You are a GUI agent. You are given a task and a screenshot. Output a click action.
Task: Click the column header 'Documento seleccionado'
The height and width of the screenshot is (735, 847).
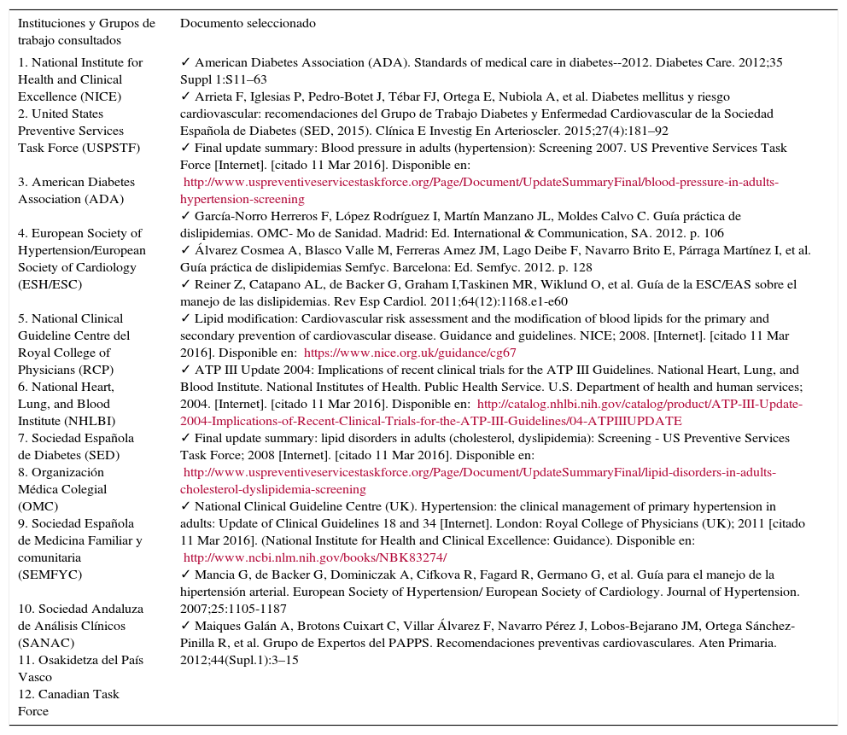248,24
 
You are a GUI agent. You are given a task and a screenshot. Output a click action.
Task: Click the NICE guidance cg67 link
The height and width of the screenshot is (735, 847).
410,353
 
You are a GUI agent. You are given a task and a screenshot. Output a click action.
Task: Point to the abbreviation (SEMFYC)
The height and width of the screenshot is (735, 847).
50,575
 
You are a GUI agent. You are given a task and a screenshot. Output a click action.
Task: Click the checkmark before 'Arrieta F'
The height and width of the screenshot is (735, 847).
185,96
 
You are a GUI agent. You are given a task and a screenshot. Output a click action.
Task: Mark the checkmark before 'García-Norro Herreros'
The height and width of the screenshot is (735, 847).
185,216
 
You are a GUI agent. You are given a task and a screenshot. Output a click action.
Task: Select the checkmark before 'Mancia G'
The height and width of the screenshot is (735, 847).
185,575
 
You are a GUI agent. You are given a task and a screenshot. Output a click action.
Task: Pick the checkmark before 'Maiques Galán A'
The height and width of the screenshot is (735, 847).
185,626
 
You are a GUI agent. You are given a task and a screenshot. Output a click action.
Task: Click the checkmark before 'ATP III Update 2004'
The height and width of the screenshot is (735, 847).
185,370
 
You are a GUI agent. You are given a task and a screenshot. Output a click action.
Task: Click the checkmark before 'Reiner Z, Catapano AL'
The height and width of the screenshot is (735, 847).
185,284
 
